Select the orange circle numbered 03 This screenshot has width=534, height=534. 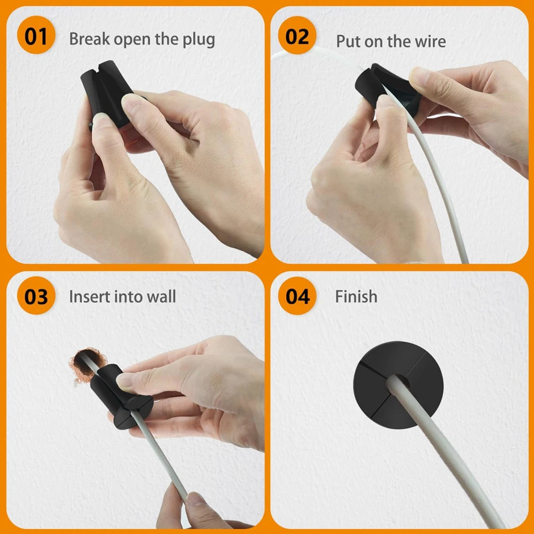[36, 296]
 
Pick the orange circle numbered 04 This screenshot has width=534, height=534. [297, 296]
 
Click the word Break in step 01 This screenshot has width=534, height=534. [90, 39]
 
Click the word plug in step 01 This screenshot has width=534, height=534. [198, 40]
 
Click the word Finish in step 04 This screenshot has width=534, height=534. [356, 296]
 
